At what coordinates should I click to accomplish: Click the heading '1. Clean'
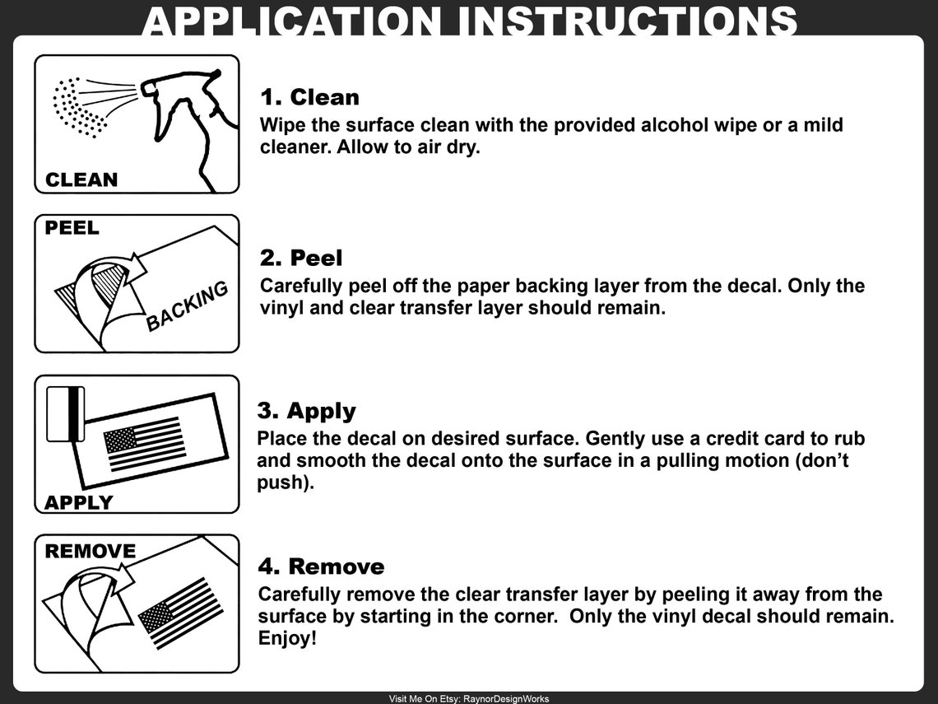[310, 97]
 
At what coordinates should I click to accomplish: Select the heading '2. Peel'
[301, 258]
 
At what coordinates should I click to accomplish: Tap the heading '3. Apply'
[306, 412]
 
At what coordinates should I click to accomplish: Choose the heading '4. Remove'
[321, 566]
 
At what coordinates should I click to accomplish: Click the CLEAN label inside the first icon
[81, 179]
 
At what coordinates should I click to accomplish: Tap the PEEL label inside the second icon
[72, 228]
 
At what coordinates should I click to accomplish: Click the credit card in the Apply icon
[65, 413]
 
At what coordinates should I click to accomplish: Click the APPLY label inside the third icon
[78, 502]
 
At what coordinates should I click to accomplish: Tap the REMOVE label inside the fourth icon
[91, 551]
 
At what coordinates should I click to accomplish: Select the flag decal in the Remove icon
[181, 613]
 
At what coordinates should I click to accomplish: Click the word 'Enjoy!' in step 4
[287, 639]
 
